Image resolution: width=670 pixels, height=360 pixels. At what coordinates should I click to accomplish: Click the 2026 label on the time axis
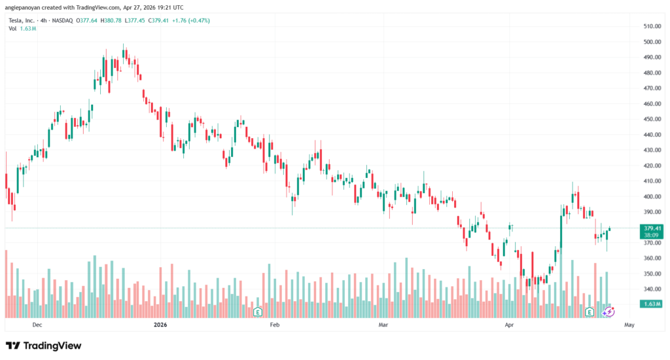tap(160, 324)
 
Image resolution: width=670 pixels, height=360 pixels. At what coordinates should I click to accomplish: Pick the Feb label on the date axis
tap(275, 324)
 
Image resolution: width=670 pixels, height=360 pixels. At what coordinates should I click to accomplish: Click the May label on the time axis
tap(629, 324)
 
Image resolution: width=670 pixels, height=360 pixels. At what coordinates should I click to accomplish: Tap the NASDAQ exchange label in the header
tap(63, 20)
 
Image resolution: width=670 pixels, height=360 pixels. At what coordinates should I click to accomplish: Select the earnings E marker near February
tap(258, 312)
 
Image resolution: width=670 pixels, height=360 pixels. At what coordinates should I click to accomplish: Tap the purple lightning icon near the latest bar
tap(608, 312)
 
